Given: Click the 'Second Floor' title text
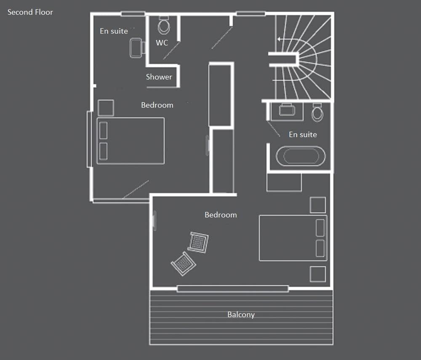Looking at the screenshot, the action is pos(30,12).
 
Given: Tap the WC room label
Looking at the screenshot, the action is pos(162,42).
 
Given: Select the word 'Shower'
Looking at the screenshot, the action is pos(159,77).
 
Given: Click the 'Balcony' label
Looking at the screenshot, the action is pos(241,315).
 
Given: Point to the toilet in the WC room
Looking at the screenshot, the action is pos(164,25).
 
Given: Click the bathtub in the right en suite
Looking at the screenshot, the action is pos(301,156).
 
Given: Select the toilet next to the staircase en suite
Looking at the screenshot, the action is pos(317,112).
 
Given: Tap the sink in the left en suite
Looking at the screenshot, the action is pos(136,48).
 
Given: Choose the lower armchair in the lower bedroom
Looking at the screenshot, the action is pos(184,263).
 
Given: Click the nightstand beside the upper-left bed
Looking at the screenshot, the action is pos(106,108).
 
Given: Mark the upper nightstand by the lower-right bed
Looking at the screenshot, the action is pos(318,205).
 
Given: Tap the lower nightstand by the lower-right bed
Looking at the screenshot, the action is pos(318,274).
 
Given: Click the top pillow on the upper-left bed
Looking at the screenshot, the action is pos(104,130).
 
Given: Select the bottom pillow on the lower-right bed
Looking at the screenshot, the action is pos(320,249).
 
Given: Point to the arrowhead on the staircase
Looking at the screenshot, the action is pos(279,39).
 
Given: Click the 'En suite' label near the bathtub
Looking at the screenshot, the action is pos(303,135).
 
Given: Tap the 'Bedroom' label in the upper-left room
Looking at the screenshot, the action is pos(157,105).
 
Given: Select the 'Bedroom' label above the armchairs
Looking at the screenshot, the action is pos(221,215).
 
